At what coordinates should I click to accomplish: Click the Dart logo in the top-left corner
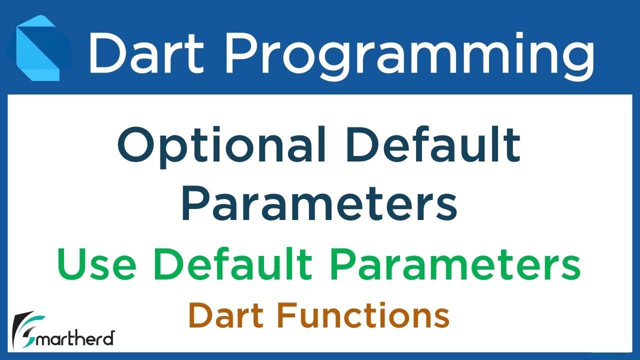[38, 47]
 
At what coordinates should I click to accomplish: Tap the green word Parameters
[454, 265]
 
